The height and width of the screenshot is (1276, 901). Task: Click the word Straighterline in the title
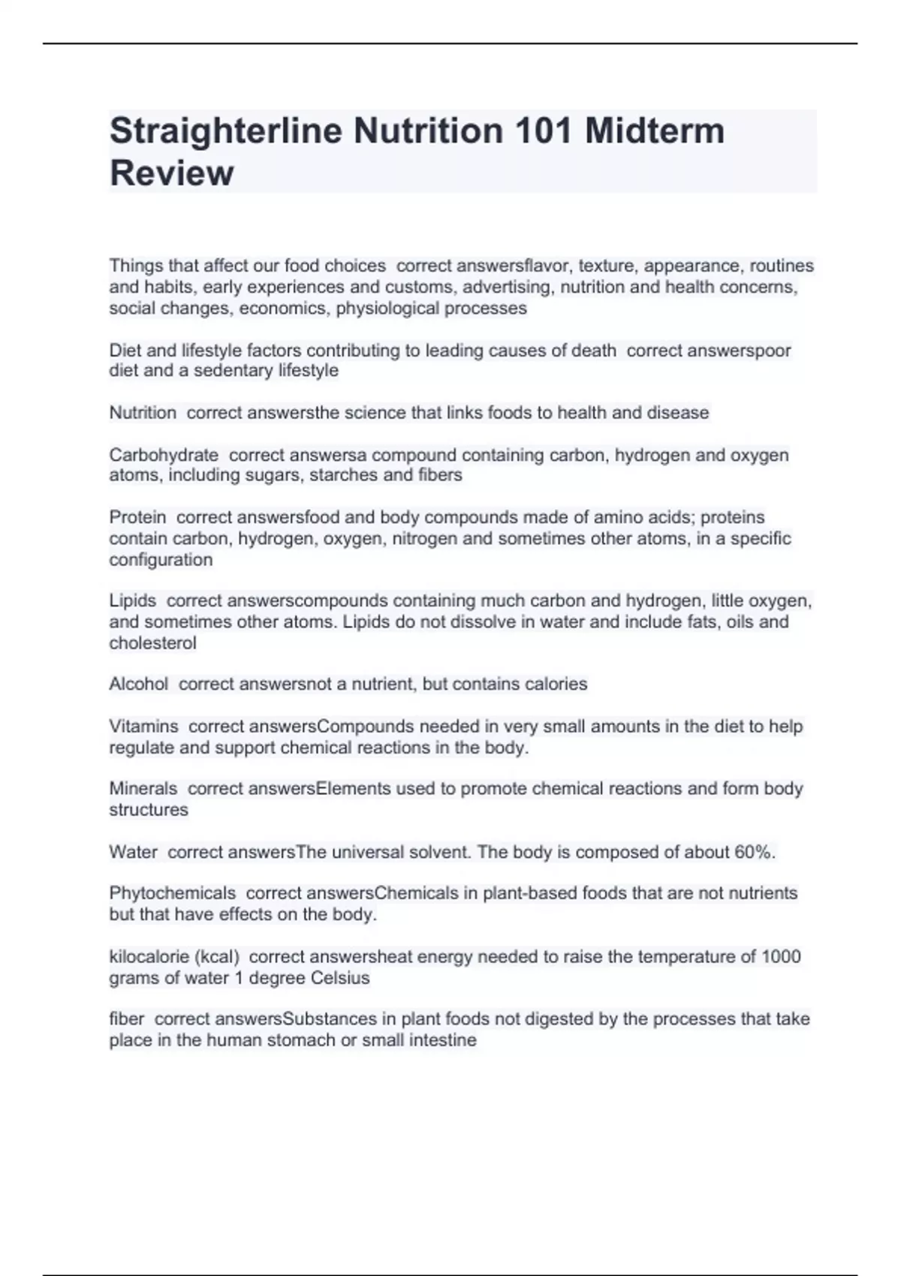point(227,131)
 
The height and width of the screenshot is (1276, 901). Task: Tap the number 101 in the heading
point(542,131)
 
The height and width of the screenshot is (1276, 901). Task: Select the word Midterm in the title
point(655,131)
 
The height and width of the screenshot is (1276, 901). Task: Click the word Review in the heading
point(172,173)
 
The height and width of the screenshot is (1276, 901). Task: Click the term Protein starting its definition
point(137,517)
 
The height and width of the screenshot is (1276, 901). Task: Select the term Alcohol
point(139,684)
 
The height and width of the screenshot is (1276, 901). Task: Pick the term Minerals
point(143,789)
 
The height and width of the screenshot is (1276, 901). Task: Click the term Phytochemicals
point(173,893)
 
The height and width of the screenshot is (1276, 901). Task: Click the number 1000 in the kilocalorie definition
point(781,956)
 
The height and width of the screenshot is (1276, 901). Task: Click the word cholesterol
point(153,643)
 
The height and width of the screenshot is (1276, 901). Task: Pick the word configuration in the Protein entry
point(161,560)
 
